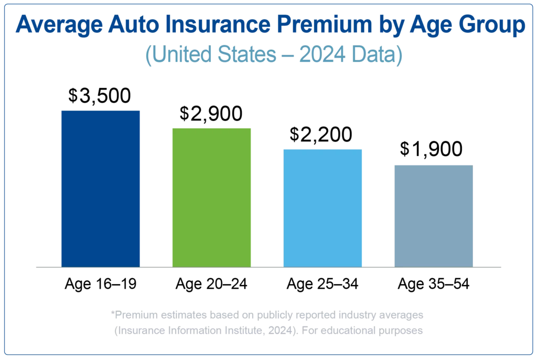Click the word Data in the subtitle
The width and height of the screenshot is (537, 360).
tap(379, 55)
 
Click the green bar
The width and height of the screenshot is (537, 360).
tap(212, 196)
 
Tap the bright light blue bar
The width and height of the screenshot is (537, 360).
tap(323, 206)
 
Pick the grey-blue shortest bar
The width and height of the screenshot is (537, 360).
tap(434, 215)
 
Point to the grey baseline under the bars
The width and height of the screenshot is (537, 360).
tap(268, 267)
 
